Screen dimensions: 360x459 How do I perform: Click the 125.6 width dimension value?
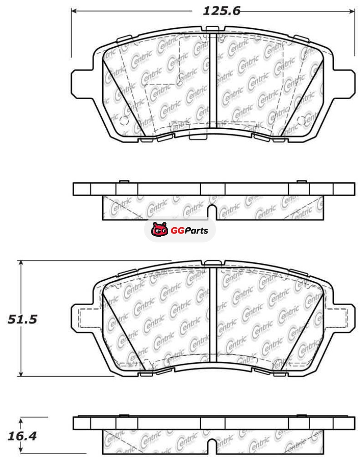[221, 11]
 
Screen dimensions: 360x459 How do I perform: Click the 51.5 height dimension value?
[22, 319]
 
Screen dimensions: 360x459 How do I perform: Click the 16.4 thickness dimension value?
[22, 436]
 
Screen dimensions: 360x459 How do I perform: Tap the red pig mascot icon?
[160, 229]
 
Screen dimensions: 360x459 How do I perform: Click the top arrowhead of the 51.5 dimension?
[21, 263]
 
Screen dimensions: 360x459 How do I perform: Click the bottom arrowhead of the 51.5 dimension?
[21, 373]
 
